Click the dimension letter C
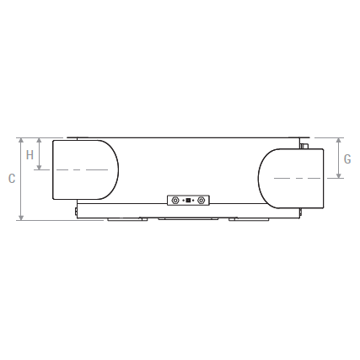pos(12,179)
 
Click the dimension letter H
pos(30,155)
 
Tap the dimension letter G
pos(347,159)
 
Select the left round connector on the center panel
pos(175,201)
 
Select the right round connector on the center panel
pos(201,201)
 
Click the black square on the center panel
pos(188,201)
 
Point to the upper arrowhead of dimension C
pos(21,140)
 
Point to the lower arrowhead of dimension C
pos(21,218)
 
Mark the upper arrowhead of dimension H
pos(39,140)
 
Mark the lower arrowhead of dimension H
pos(39,167)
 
